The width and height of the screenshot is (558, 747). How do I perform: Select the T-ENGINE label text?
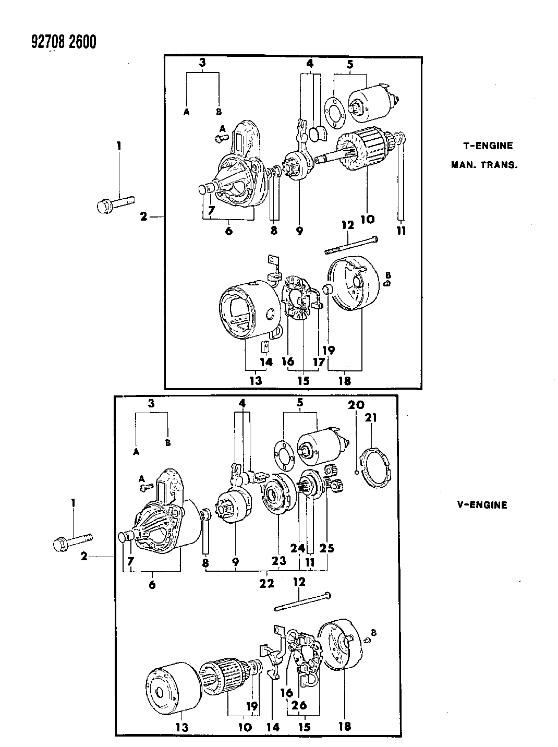(488, 146)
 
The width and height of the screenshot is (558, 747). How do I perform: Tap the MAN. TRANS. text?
(484, 165)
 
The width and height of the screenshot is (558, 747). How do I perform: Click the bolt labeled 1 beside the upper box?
(116, 202)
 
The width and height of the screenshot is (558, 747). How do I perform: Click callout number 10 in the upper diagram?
(367, 219)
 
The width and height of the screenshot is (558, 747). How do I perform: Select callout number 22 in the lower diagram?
(266, 583)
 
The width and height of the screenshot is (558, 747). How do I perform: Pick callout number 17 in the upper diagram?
(319, 362)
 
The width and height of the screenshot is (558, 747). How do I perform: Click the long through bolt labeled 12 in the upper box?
(353, 245)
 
